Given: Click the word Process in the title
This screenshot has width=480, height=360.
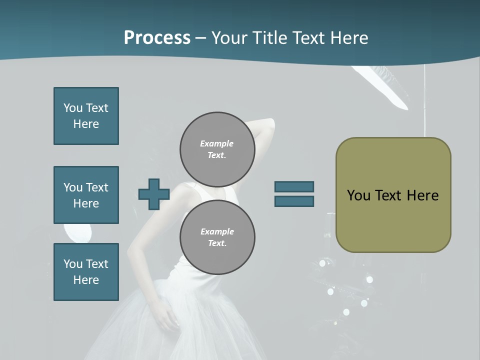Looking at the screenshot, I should [157, 38].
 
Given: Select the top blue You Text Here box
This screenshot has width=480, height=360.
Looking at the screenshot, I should [86, 116].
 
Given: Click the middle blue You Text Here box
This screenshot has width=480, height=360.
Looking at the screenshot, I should [86, 195].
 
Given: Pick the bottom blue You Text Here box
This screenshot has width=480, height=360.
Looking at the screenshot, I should [86, 272].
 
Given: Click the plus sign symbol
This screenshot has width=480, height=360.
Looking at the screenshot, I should [153, 194].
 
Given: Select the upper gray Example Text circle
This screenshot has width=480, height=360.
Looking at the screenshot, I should [217, 149].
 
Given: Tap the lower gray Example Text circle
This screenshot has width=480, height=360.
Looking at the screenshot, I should [217, 237].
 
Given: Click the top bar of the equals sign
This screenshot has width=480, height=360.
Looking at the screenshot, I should [294, 186].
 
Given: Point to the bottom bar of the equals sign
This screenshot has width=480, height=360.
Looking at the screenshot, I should [294, 201].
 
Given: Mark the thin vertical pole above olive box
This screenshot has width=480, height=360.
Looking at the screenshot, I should [425, 100].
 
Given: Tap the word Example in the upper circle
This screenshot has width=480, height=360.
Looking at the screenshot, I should [216, 143].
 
